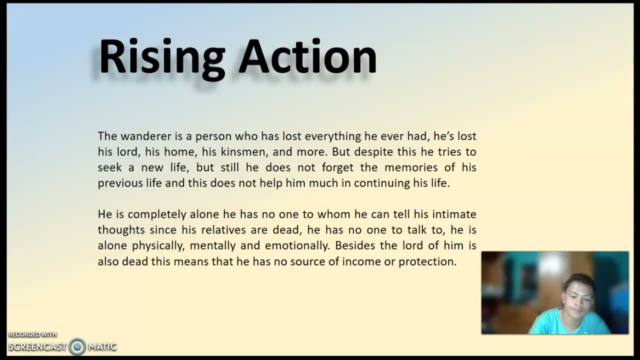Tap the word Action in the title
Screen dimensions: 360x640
coord(307,57)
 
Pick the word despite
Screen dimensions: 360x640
coord(367,151)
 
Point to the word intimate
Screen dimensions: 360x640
coord(454,214)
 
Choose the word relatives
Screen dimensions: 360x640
coord(223,230)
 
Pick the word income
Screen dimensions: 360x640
coord(360,261)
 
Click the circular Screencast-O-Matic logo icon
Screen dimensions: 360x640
coord(77,346)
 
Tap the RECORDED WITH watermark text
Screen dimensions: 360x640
coord(32,334)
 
